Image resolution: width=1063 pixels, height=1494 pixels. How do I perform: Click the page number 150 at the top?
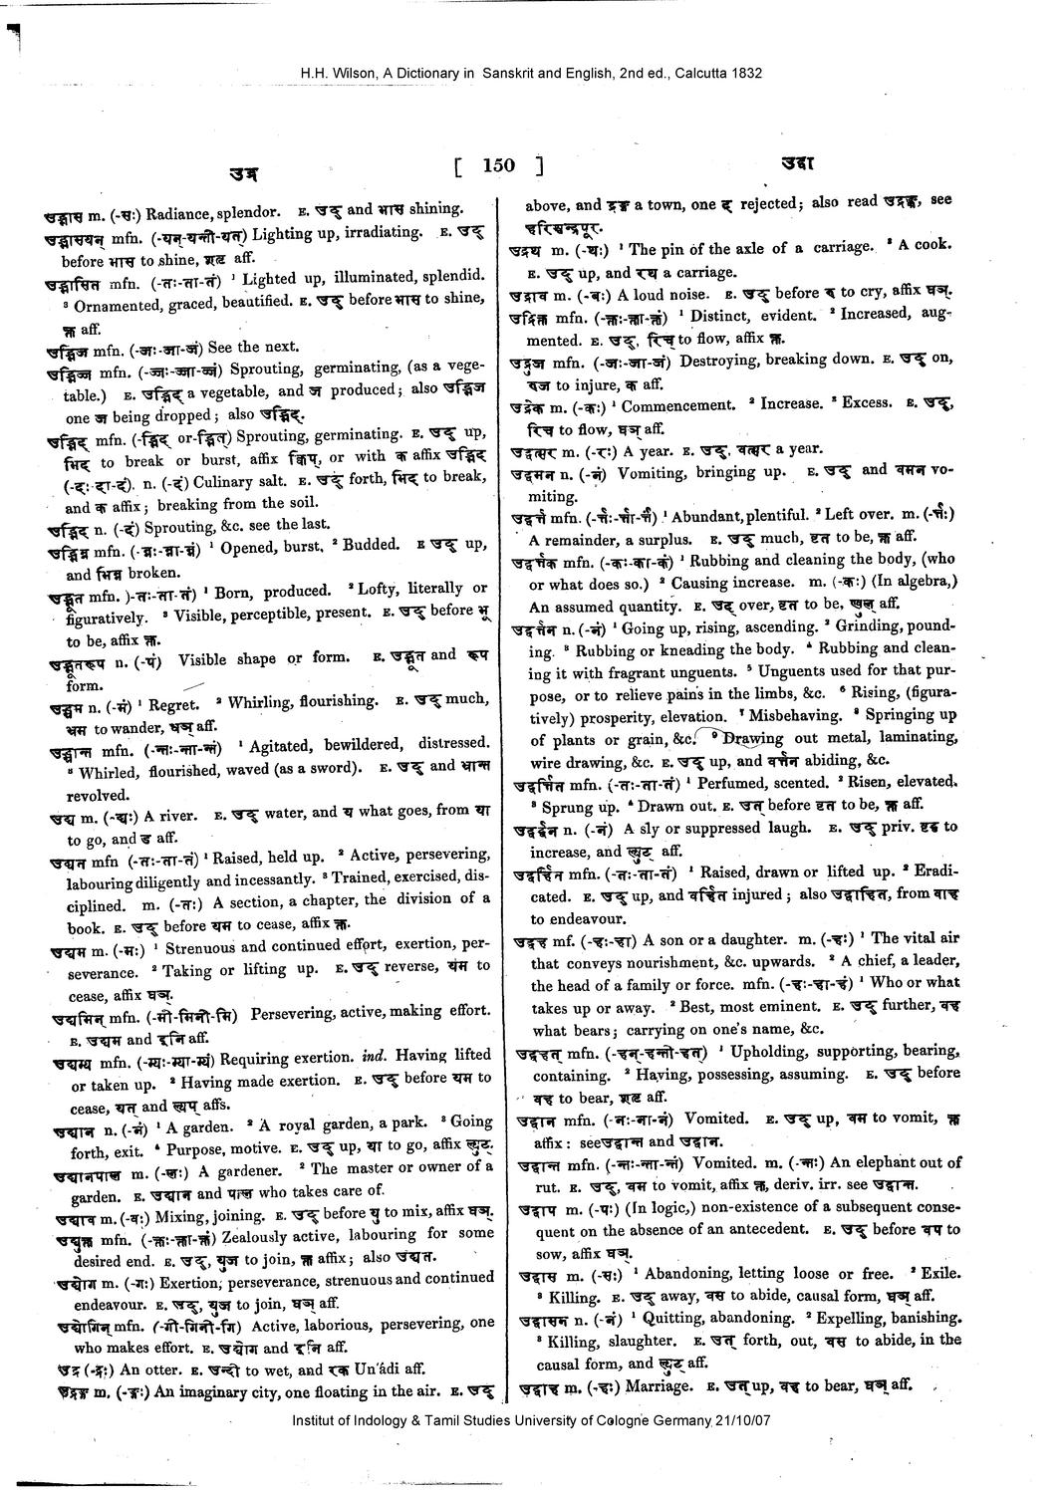498,164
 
